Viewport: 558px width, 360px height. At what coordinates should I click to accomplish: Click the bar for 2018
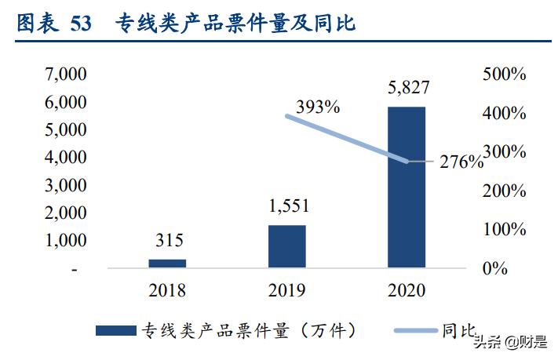point(167,264)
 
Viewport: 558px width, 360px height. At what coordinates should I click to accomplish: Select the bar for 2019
point(286,246)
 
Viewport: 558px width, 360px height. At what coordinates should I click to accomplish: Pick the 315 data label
point(168,241)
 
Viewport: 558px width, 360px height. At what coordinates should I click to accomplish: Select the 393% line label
point(318,107)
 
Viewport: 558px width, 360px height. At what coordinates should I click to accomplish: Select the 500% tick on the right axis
point(503,75)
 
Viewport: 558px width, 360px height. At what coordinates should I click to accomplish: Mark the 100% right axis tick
point(503,230)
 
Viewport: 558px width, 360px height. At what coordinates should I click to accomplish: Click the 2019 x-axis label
point(286,291)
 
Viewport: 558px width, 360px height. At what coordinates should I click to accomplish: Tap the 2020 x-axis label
point(406,291)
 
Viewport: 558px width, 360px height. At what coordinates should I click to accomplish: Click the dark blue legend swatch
point(115,331)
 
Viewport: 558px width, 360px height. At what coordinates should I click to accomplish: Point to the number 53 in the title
point(81,24)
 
